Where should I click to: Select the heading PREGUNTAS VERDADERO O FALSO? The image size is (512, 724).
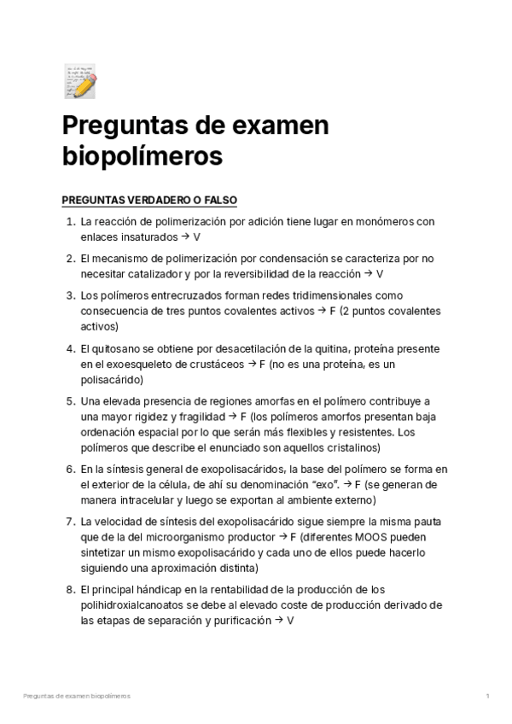pos(149,201)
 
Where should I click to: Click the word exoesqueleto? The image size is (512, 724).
pos(125,364)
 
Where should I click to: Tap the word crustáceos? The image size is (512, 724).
pos(213,364)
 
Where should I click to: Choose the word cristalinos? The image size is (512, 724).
pos(352,447)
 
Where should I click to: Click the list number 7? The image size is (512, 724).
pos(69,521)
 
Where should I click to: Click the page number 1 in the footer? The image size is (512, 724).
pos(487,697)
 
